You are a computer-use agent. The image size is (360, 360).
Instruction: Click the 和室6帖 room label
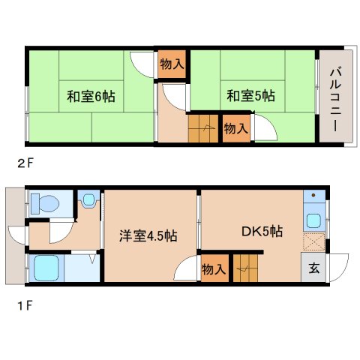91,96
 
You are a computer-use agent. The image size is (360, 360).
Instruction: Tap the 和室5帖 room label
250,96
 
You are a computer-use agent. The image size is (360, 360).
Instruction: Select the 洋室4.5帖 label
148,235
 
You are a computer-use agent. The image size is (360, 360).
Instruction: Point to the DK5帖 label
262,232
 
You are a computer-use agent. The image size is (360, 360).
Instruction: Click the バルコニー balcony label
335,100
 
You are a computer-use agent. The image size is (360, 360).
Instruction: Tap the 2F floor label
25,163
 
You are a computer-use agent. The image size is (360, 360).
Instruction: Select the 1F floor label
25,305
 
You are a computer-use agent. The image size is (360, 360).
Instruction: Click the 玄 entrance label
313,268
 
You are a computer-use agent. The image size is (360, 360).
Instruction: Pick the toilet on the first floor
45,203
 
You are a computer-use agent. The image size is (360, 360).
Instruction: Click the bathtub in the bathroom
46,268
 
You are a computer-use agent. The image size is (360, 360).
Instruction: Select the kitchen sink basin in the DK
313,220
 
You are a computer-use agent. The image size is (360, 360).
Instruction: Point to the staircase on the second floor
203,128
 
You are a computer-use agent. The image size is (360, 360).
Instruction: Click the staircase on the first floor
245,268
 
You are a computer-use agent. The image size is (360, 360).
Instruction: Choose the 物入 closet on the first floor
214,268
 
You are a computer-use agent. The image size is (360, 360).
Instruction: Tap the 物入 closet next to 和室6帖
172,64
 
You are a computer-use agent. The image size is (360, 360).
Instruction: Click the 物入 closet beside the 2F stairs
236,128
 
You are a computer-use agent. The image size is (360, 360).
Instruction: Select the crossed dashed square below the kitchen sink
314,242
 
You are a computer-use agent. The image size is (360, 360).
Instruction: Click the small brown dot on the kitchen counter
313,195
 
